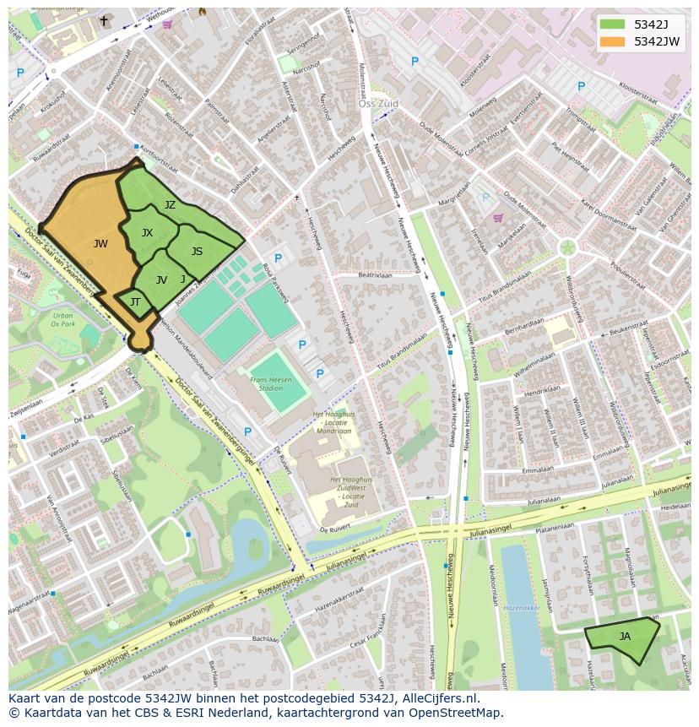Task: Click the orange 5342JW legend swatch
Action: [x=613, y=41]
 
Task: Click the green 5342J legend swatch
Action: [x=613, y=24]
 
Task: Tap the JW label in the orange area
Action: [x=100, y=244]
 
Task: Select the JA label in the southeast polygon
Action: [x=625, y=637]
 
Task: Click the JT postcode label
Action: [x=135, y=302]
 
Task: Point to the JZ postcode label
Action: [x=170, y=205]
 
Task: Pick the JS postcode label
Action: [x=197, y=252]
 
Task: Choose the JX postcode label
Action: [x=147, y=233]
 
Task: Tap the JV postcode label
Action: [x=161, y=280]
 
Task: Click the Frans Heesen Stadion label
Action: [x=271, y=384]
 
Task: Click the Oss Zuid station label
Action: [x=377, y=104]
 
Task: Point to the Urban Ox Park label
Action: [x=62, y=319]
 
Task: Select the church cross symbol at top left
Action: [x=104, y=21]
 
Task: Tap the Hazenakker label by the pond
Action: [x=521, y=607]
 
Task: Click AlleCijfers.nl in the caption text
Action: [x=441, y=698]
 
